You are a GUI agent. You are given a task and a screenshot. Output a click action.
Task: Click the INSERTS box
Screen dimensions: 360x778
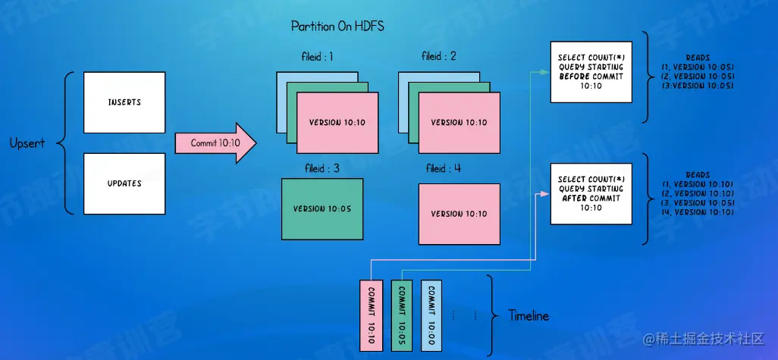(x=124, y=102)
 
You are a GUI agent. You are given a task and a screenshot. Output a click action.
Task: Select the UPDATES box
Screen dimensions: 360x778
(x=124, y=183)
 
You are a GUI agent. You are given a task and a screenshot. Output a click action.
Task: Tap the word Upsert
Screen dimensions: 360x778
(x=28, y=143)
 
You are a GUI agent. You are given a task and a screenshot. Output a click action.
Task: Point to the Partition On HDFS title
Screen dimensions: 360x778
(x=337, y=27)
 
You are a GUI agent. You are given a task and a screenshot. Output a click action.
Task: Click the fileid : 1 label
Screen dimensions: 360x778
(x=317, y=57)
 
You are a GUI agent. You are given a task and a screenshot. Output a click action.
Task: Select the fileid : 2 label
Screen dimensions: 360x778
(x=439, y=57)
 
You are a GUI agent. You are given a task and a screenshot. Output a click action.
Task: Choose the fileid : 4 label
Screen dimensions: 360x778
(x=443, y=168)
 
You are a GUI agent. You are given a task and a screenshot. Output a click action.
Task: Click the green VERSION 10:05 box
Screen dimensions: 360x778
(x=322, y=210)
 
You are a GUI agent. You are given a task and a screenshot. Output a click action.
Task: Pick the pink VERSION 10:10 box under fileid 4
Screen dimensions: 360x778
(x=459, y=214)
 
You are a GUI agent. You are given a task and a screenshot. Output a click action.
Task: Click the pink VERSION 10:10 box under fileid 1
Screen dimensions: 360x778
(x=337, y=123)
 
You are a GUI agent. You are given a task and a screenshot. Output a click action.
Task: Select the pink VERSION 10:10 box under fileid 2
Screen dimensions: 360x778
(x=460, y=123)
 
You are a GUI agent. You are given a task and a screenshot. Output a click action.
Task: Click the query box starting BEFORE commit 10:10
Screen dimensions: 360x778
(x=591, y=72)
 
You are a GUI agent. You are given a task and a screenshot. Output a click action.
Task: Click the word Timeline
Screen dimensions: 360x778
(x=529, y=315)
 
